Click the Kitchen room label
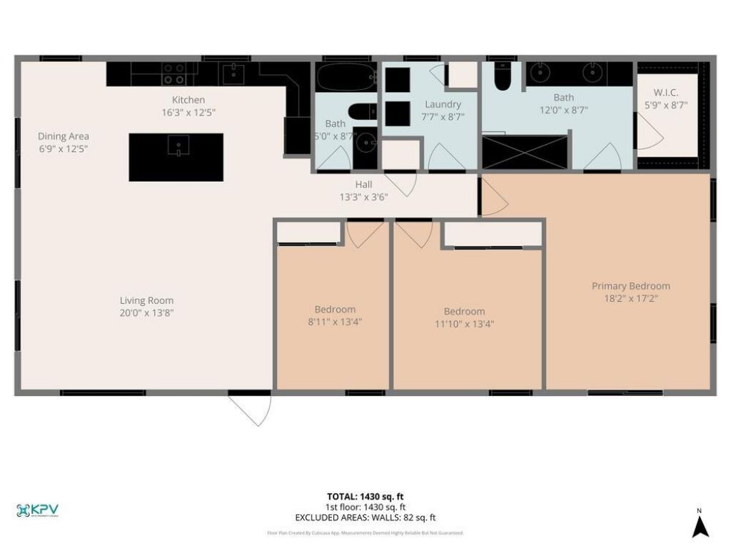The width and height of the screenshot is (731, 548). [188, 100]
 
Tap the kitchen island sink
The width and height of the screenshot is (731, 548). [176, 146]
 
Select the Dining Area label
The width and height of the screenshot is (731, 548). [64, 136]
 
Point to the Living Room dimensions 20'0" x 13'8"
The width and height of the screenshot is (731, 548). [146, 313]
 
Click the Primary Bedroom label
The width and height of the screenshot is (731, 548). [630, 286]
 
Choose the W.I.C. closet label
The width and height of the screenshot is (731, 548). [666, 93]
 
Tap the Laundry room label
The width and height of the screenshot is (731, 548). [443, 104]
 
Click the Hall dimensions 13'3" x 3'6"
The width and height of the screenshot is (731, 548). [363, 197]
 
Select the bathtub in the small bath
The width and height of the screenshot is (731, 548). [346, 77]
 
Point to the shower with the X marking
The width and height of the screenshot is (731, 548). [525, 151]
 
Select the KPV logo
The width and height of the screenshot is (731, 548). [37, 510]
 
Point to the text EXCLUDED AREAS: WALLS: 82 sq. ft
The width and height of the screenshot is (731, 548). [365, 518]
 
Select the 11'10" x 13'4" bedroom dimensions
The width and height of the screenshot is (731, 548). [464, 323]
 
